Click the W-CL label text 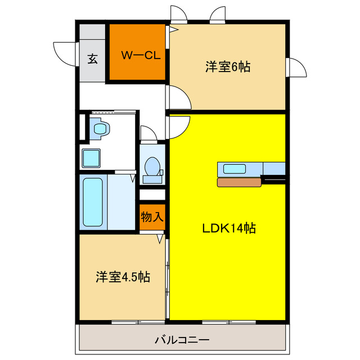[138, 55]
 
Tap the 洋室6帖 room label [227, 67]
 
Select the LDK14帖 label [229, 228]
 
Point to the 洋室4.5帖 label [122, 277]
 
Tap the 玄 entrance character [92, 58]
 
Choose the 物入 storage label [152, 217]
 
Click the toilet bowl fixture [152, 166]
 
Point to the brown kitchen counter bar [239, 182]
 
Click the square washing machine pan [91, 158]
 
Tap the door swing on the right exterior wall [296, 69]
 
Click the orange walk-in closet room [137, 52]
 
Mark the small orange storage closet [152, 217]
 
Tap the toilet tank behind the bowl [152, 179]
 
